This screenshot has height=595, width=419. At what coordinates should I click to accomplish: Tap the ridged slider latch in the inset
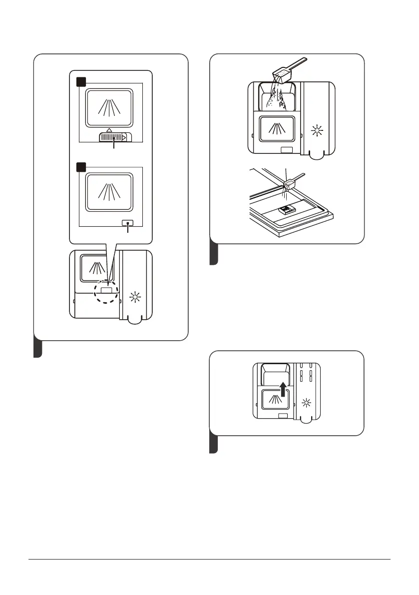(115, 136)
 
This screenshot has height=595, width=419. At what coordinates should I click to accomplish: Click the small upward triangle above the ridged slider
(109, 129)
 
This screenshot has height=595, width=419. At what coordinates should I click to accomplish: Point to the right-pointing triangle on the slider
(124, 136)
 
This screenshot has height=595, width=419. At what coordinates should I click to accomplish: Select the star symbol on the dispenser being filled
(316, 131)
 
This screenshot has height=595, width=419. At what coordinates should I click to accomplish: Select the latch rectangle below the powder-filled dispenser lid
(287, 150)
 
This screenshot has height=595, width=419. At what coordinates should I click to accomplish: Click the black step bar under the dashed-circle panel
(37, 348)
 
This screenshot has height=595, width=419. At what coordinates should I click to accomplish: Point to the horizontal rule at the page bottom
(209, 560)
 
